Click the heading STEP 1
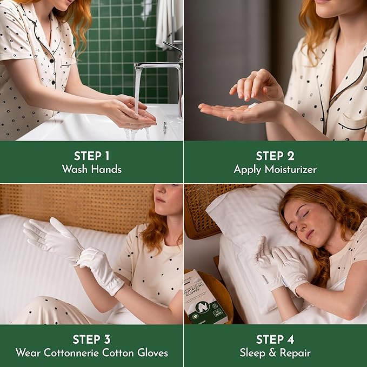pyautogui.click(x=91, y=156)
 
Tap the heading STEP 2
pyautogui.click(x=275, y=156)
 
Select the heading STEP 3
pyautogui.click(x=91, y=339)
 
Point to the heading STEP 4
pyautogui.click(x=275, y=339)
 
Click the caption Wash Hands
pyautogui.click(x=91, y=169)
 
